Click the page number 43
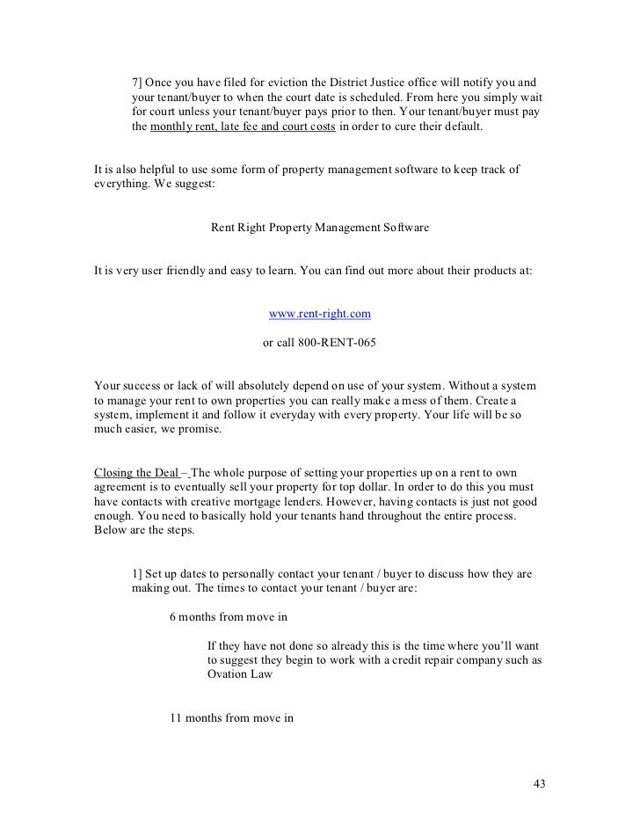(540, 784)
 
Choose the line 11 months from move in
(231, 717)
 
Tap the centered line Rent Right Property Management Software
(319, 228)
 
